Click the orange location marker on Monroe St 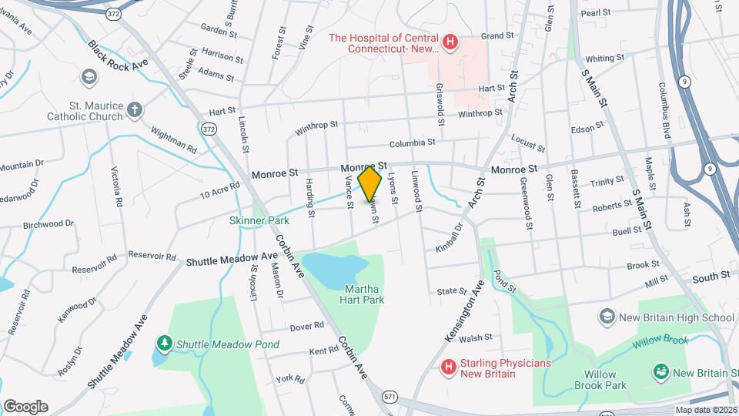[370, 183]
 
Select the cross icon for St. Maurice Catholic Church [135, 110]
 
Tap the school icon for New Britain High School [607, 317]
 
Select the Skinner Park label [259, 220]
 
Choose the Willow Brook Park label [600, 381]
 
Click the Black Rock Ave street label [118, 55]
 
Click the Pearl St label [595, 13]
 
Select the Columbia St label [412, 143]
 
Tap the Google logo [25, 407]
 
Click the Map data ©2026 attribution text [706, 410]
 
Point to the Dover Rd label [308, 327]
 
